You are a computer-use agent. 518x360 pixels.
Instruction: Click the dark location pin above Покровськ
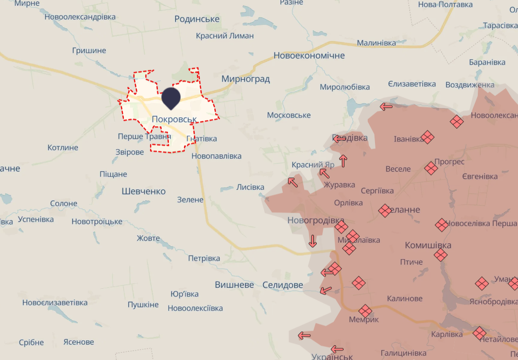pyautogui.click(x=171, y=98)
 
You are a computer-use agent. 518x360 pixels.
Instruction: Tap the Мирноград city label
pyautogui.click(x=246, y=79)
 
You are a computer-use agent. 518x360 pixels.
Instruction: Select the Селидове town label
pyautogui.click(x=283, y=285)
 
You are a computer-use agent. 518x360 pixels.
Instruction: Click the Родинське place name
pyautogui.click(x=197, y=19)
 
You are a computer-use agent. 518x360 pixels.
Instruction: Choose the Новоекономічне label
pyautogui.click(x=309, y=56)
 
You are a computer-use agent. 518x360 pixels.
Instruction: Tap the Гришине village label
pyautogui.click(x=89, y=51)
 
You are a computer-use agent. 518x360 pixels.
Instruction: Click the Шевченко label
pyautogui.click(x=143, y=191)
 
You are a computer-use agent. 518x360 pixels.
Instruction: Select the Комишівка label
pyautogui.click(x=428, y=245)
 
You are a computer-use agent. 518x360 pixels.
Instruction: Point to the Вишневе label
pyautogui.click(x=234, y=284)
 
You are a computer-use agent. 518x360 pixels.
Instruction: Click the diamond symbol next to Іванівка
pyautogui.click(x=428, y=137)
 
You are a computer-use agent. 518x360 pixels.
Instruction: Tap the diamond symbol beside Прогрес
pyautogui.click(x=431, y=168)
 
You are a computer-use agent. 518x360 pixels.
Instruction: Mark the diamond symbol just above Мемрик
pyautogui.click(x=365, y=311)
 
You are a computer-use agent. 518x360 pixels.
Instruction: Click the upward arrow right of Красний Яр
pyautogui.click(x=343, y=161)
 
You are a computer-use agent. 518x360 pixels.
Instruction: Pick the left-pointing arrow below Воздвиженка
pyautogui.click(x=386, y=106)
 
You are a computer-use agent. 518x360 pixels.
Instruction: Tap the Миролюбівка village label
pyautogui.click(x=345, y=87)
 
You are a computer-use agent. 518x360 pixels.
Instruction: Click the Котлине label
pyautogui.click(x=63, y=148)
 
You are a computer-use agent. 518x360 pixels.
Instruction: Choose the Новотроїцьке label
pyautogui.click(x=97, y=222)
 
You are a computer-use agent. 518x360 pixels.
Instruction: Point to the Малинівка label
pyautogui.click(x=376, y=43)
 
